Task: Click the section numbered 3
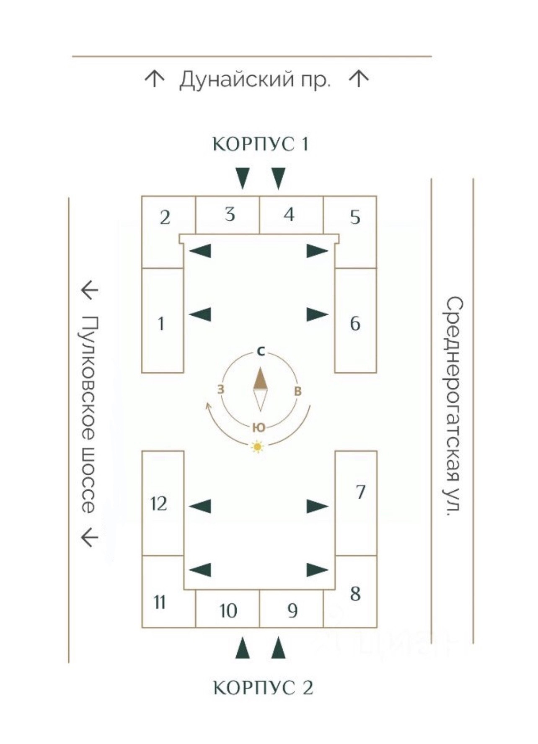(229, 214)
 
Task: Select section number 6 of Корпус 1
(355, 323)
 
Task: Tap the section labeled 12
(159, 503)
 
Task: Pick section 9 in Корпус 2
(292, 610)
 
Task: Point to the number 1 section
(161, 323)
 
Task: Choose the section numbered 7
(360, 492)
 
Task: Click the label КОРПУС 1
(261, 144)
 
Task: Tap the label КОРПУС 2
(263, 687)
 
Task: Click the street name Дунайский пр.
(255, 79)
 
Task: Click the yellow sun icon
(258, 447)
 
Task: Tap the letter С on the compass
(261, 352)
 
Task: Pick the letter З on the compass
(221, 389)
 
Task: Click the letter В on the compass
(298, 391)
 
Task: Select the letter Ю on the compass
(259, 427)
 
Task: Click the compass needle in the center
(260, 389)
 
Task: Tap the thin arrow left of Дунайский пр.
(154, 79)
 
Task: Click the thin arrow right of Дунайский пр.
(359, 79)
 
